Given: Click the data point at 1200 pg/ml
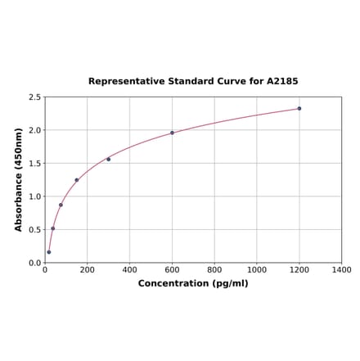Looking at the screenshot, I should click(x=299, y=108).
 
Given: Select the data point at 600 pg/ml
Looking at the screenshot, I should click(x=172, y=133).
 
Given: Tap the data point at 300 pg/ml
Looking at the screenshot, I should click(x=109, y=159).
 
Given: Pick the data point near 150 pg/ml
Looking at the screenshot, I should click(x=77, y=180).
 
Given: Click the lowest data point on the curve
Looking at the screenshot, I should click(x=49, y=252).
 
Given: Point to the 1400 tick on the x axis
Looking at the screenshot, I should click(x=341, y=269).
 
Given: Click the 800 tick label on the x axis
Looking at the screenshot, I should click(x=214, y=269).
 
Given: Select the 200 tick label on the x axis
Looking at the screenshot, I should click(x=88, y=269).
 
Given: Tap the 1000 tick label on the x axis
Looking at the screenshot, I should click(x=257, y=269).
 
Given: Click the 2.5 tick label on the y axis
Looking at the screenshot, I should click(x=34, y=97).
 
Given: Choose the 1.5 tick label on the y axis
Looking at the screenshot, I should click(x=34, y=164).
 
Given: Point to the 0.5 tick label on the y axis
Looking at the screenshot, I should click(x=34, y=230).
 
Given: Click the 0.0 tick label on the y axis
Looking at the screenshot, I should click(x=34, y=263).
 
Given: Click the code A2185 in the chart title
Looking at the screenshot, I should click(x=284, y=82).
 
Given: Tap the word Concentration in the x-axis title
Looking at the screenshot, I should click(x=174, y=283).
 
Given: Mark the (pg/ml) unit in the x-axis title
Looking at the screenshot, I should click(x=230, y=283).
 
